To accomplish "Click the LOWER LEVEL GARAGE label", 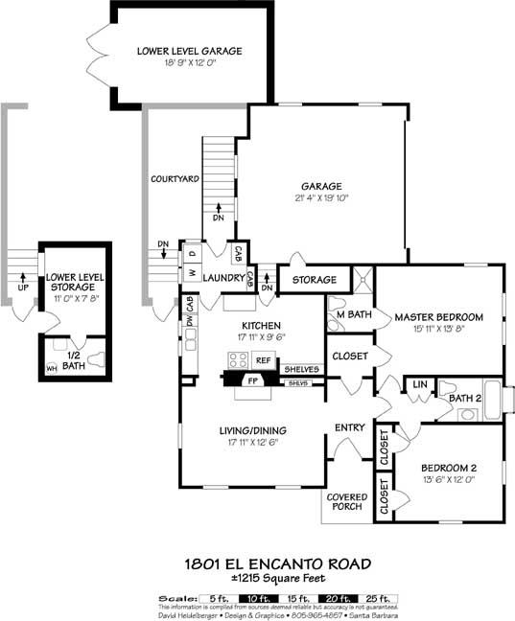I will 188,51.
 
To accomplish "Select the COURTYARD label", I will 175,179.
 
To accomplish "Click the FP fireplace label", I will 253,380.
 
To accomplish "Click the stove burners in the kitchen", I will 237,361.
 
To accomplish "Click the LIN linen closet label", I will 419,385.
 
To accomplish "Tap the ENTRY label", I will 346,427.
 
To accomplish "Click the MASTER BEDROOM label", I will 438,317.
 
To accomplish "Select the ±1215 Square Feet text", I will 257,580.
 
